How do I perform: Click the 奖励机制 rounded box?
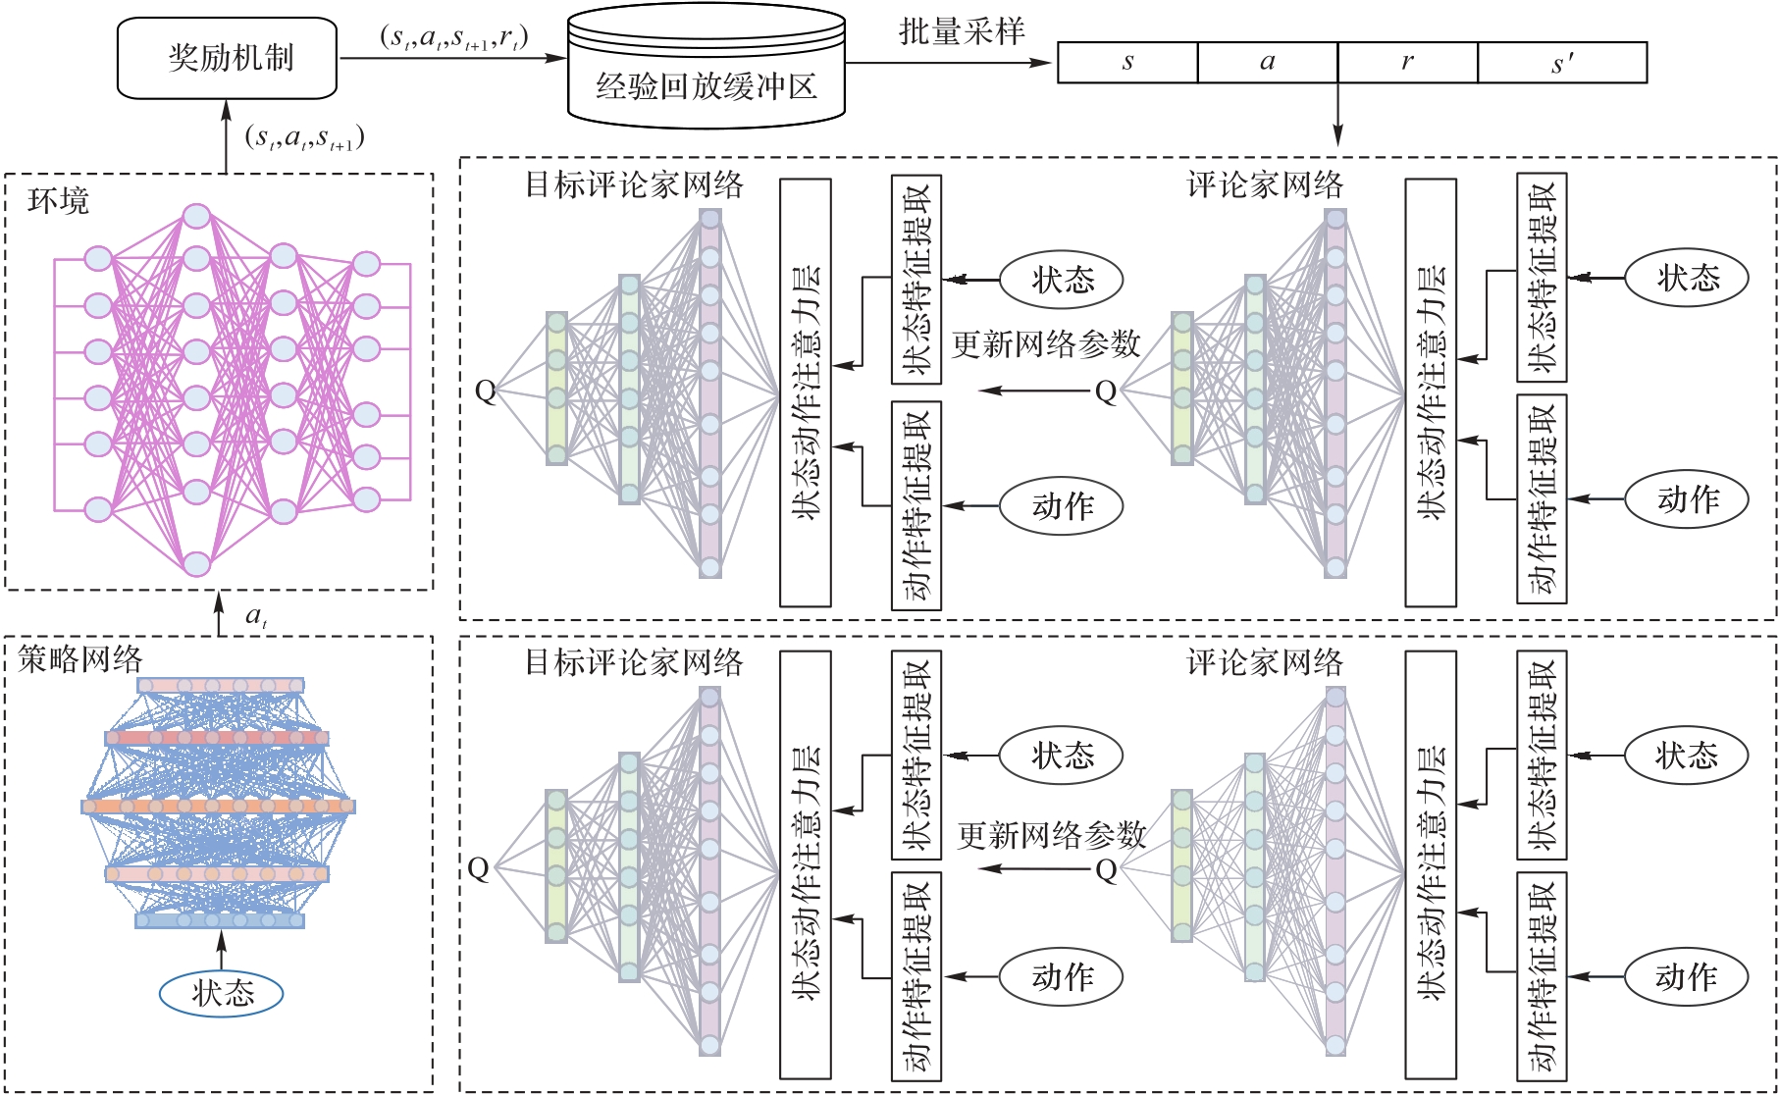pyautogui.click(x=228, y=58)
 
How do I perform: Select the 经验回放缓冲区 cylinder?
pyautogui.click(x=706, y=65)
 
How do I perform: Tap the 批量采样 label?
pyautogui.click(x=962, y=31)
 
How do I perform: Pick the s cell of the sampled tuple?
pyautogui.click(x=1127, y=63)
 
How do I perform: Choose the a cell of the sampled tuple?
pyautogui.click(x=1268, y=63)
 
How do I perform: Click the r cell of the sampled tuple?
pyautogui.click(x=1408, y=63)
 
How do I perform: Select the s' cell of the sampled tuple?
pyautogui.click(x=1562, y=63)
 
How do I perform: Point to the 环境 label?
pyautogui.click(x=59, y=201)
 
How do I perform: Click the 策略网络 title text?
pyautogui.click(x=80, y=659)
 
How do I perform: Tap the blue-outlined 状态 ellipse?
pyautogui.click(x=222, y=993)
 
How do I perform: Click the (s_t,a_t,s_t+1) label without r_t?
pyautogui.click(x=305, y=137)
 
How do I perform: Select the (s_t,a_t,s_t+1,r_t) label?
pyautogui.click(x=454, y=38)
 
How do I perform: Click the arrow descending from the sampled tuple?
pyautogui.click(x=1337, y=115)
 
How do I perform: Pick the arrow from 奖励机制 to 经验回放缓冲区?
pyautogui.click(x=452, y=58)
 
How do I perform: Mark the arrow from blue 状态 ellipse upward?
pyautogui.click(x=221, y=949)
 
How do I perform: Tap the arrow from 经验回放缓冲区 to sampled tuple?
pyautogui.click(x=949, y=63)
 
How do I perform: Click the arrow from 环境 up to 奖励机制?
pyautogui.click(x=227, y=136)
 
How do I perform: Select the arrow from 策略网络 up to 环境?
pyautogui.click(x=220, y=613)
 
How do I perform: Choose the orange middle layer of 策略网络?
pyautogui.click(x=218, y=807)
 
